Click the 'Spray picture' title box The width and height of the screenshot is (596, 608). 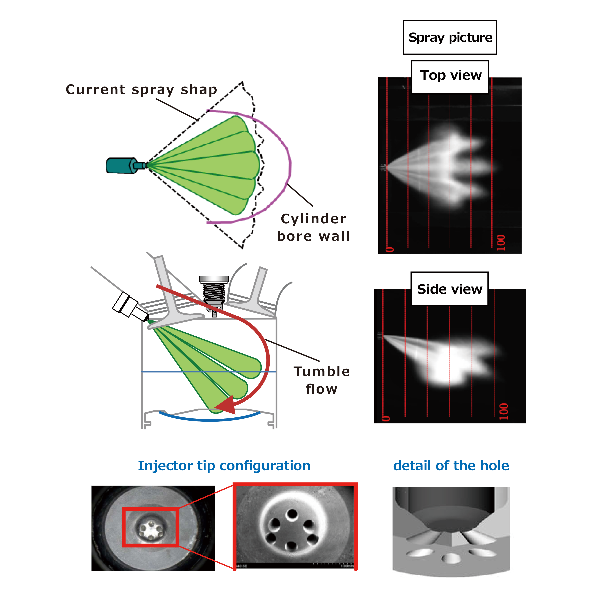[450, 37]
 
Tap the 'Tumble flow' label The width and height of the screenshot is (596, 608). [322, 380]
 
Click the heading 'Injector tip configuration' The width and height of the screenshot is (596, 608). [224, 466]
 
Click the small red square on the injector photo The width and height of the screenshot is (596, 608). [151, 527]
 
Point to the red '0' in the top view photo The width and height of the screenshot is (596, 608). [389, 249]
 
